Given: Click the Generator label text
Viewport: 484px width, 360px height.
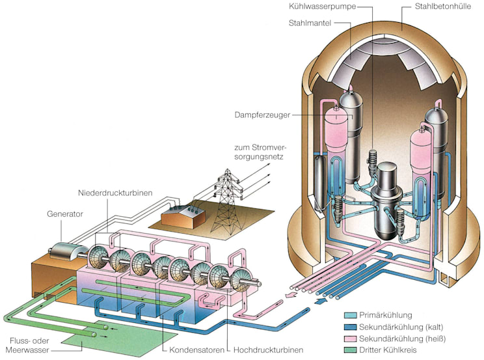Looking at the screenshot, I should click(65, 212).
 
